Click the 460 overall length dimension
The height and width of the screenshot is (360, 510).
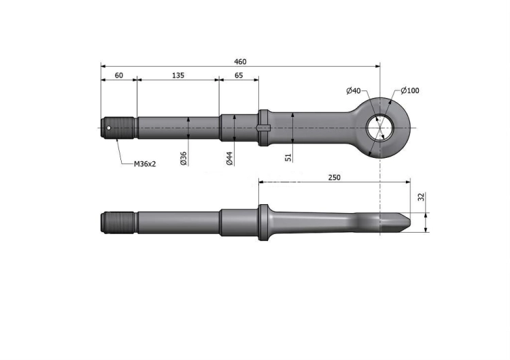click(x=240, y=61)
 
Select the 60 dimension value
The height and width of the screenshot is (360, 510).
click(x=119, y=75)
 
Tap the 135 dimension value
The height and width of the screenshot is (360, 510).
click(x=178, y=75)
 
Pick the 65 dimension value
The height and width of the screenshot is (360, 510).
click(x=239, y=75)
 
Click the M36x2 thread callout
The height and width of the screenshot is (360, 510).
click(x=145, y=164)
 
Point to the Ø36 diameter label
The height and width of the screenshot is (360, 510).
click(x=184, y=158)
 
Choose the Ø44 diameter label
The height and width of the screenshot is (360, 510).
click(x=230, y=158)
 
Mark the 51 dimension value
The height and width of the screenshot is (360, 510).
click(x=288, y=158)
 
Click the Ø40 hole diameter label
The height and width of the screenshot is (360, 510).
click(x=354, y=91)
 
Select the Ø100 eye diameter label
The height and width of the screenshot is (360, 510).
click(x=410, y=91)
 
